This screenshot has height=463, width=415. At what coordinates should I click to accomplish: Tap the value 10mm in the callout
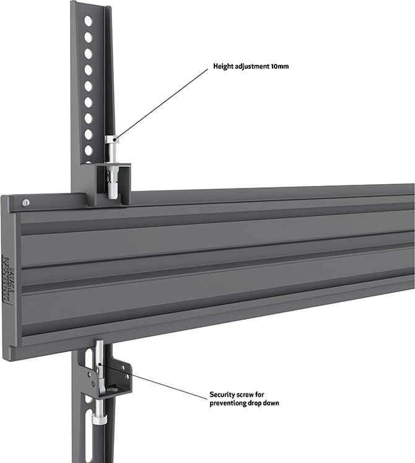pos(279,66)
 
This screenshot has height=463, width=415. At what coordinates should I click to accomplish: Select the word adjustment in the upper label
pos(251,66)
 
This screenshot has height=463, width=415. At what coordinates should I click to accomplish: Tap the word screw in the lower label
pos(250,394)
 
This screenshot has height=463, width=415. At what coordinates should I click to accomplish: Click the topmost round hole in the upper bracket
pos(88,21)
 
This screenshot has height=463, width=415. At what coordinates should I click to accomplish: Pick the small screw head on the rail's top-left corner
pos(25,202)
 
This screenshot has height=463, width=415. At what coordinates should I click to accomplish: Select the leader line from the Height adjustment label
pos(161,102)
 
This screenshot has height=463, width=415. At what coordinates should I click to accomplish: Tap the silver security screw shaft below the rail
pos(99,366)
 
